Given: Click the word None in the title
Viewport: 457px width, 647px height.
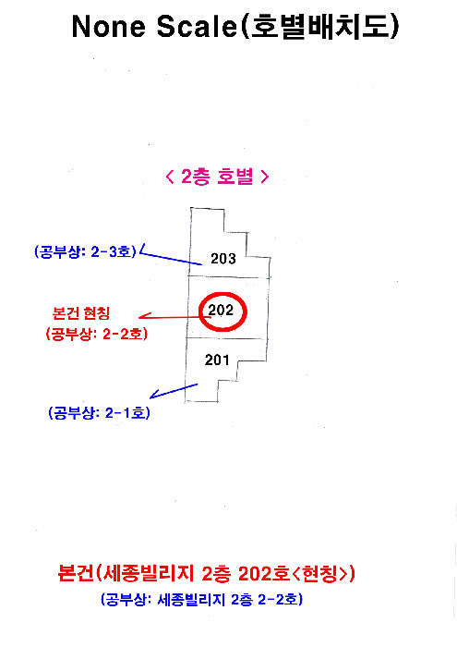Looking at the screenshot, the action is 109,27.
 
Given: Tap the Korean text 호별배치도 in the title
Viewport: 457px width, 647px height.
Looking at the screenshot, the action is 320,27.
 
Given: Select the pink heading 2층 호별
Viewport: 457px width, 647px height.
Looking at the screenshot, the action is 217,177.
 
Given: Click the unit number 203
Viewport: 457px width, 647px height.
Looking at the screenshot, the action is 223,259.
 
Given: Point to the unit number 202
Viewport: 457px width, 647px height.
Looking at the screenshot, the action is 221,310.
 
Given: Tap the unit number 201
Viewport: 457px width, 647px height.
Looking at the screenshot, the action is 217,360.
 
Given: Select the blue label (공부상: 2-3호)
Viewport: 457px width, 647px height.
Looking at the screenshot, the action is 85,251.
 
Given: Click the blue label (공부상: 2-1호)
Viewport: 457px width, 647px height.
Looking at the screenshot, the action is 100,412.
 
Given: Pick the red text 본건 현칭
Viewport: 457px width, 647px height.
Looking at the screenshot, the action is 81,313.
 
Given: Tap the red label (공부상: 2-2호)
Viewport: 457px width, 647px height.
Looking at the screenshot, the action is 96,334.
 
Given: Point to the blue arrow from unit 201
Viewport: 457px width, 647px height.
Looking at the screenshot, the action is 174,391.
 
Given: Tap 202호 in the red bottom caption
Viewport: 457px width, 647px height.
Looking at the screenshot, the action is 264,573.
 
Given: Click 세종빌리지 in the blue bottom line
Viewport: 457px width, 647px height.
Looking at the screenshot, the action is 191,599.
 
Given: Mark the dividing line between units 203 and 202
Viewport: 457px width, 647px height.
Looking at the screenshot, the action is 229,277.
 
